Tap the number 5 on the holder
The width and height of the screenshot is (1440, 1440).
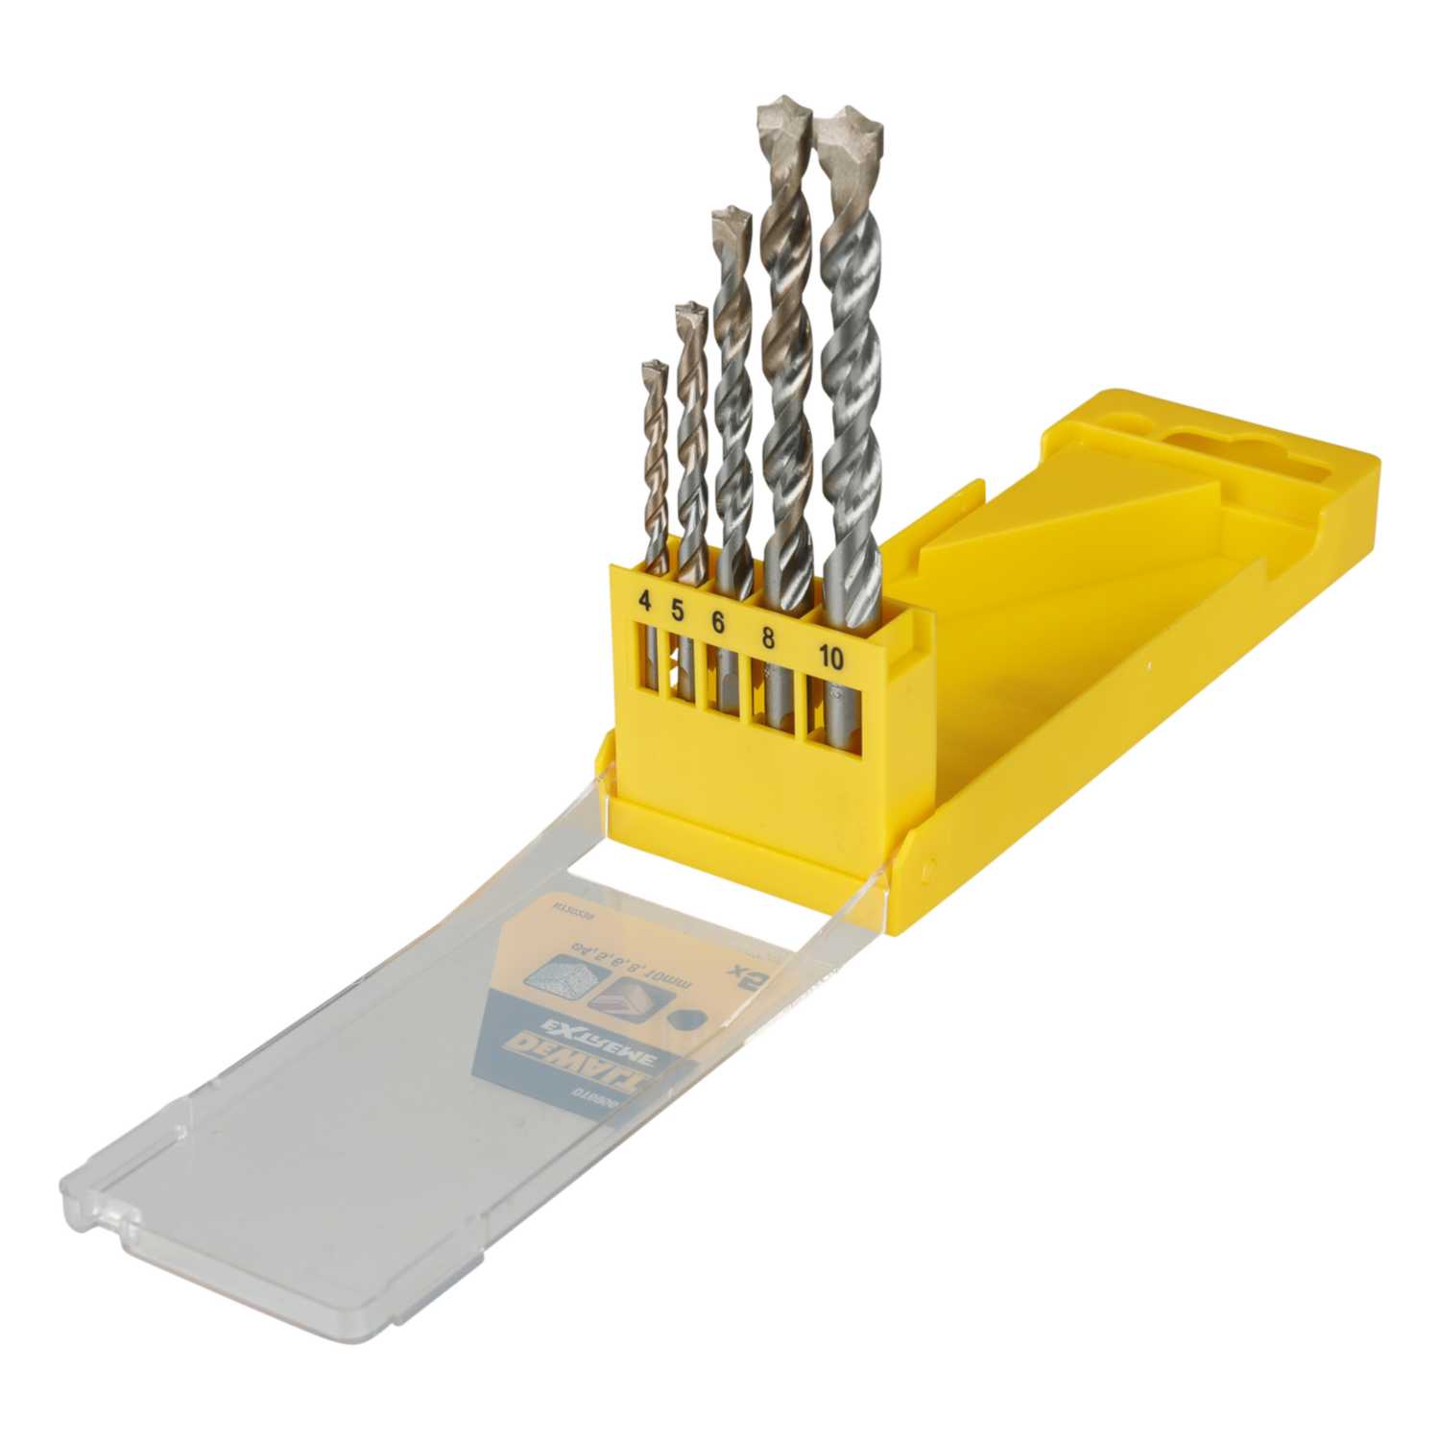677,609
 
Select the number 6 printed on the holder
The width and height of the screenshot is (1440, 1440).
717,622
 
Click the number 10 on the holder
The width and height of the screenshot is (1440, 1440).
831,658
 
